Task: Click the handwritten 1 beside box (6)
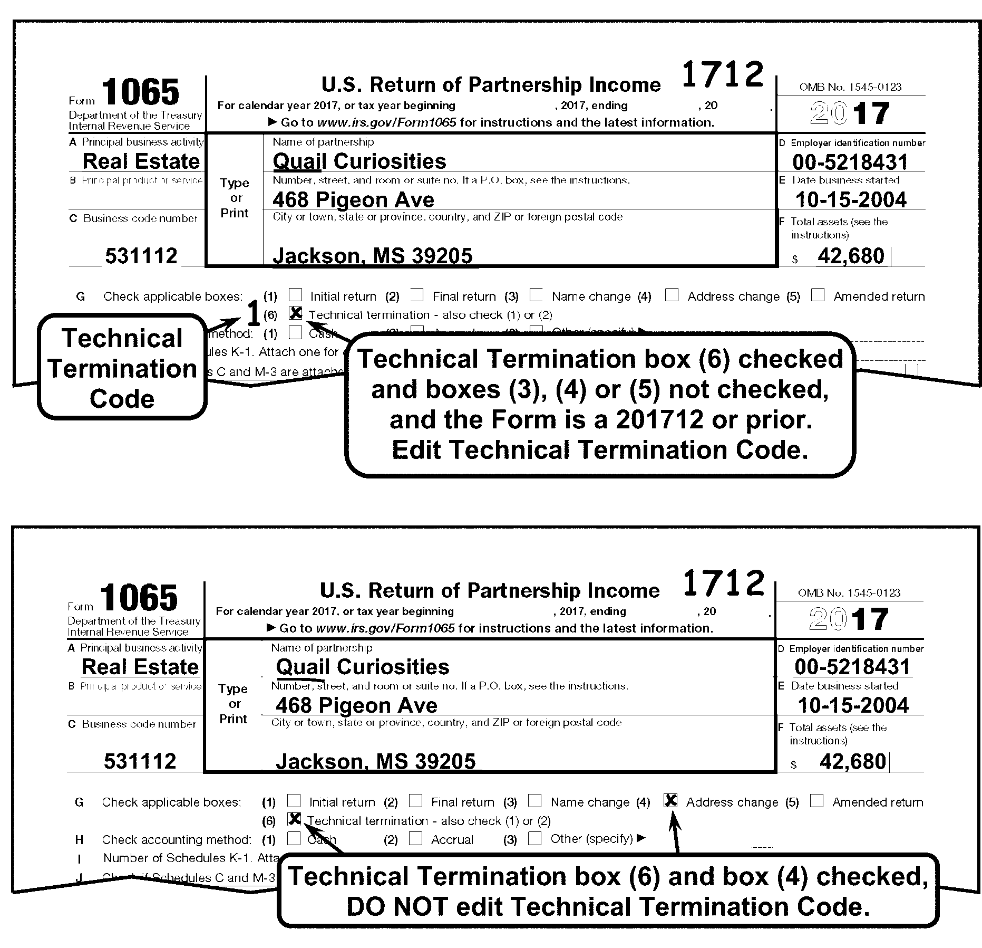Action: click(x=254, y=315)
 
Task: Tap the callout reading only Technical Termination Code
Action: click(x=122, y=368)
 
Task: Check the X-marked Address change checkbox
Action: click(x=670, y=800)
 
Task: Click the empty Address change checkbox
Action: click(x=672, y=295)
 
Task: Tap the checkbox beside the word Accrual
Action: click(x=416, y=838)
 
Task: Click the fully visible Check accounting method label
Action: click(x=177, y=839)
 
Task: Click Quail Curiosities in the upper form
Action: click(x=359, y=161)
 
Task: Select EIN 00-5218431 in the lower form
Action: click(x=852, y=667)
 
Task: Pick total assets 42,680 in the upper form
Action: click(x=851, y=256)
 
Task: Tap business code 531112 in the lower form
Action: click(x=140, y=761)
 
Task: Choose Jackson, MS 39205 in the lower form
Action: click(x=375, y=762)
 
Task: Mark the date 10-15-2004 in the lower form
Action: click(x=853, y=705)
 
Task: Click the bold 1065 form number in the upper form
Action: click(x=140, y=93)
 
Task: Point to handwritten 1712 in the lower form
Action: click(x=723, y=583)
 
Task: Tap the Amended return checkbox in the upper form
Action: click(x=818, y=295)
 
